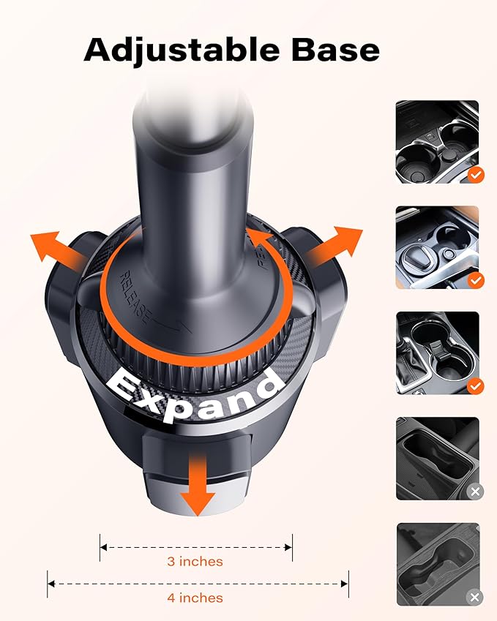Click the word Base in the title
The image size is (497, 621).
click(x=336, y=49)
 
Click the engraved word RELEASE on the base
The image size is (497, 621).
click(x=135, y=298)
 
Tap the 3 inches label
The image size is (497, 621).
click(x=195, y=561)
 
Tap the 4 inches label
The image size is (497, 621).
click(x=195, y=598)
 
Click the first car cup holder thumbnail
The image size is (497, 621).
click(x=437, y=141)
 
